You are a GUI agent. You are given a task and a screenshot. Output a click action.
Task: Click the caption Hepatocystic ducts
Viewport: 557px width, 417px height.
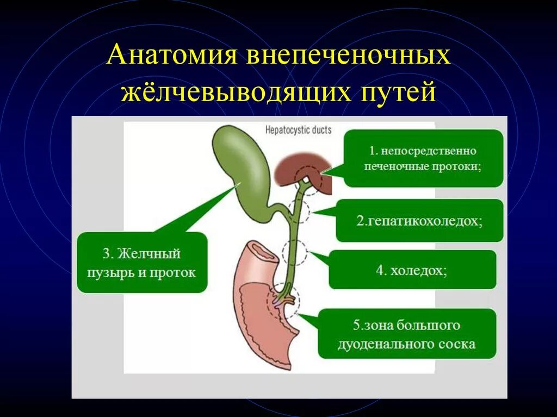pos(298,130)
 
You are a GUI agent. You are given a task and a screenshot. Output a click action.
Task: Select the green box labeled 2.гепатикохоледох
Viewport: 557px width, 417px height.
pos(419,221)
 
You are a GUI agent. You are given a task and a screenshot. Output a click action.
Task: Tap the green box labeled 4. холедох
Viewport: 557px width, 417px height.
pos(412,270)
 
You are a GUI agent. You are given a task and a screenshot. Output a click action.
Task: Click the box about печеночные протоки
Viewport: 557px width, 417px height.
pos(424,158)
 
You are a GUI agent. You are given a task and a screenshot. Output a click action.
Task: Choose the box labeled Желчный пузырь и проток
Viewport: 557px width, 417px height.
pos(142,263)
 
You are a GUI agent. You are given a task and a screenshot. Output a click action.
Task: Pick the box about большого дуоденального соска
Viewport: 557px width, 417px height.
pos(407,334)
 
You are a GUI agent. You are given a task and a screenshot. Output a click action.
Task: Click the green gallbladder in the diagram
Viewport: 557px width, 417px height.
pos(243,169)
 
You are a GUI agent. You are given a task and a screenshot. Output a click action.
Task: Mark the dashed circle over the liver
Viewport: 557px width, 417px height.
pos(308,179)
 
